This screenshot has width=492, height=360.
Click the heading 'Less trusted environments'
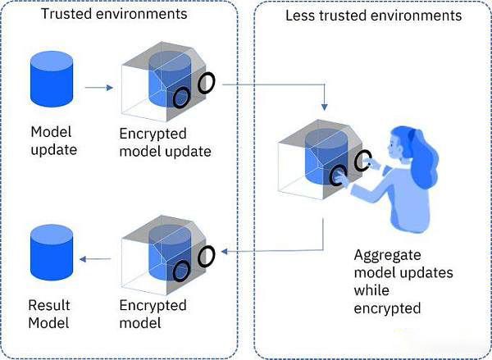coord(373,16)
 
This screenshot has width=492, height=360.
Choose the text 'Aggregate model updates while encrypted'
coord(393,281)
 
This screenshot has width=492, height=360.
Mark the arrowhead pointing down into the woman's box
coord(325,108)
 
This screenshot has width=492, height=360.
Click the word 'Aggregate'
coord(384,254)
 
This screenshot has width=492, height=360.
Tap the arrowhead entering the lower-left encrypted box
coord(224,250)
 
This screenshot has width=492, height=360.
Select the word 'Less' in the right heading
coord(300,16)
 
